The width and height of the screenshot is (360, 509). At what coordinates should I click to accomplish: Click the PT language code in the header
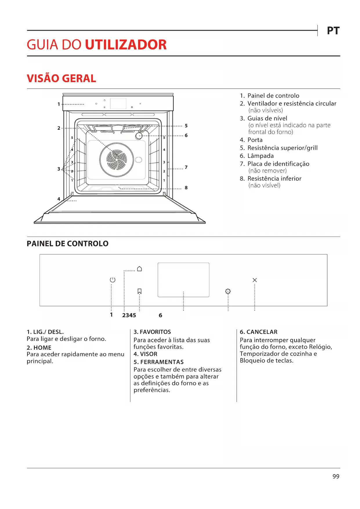333,31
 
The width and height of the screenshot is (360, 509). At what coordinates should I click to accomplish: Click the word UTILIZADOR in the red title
126,45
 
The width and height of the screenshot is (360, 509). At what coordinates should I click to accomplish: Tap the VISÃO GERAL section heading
61,78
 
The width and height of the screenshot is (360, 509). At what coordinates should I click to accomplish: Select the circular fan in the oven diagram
117,160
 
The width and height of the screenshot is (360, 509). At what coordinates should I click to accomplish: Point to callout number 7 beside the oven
186,167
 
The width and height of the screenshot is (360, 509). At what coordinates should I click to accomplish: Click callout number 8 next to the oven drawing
186,188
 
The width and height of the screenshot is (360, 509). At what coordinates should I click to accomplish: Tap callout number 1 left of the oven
59,104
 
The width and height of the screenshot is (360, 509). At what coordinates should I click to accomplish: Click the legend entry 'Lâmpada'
260,156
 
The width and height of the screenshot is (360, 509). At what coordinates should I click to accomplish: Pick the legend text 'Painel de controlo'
273,96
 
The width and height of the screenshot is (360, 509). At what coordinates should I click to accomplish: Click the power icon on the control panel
113,280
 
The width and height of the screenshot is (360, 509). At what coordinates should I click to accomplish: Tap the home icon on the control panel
140,269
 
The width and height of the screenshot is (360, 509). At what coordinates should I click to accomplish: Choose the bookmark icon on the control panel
140,291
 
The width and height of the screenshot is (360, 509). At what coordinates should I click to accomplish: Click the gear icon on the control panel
228,291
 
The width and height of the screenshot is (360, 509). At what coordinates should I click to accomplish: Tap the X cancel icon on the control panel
255,280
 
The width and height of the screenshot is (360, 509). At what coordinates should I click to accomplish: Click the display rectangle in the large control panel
183,280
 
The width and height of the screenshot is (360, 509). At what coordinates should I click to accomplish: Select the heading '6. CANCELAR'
258,332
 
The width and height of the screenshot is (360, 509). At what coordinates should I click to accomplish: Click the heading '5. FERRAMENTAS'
159,362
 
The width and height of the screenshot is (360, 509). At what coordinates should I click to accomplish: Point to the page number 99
336,476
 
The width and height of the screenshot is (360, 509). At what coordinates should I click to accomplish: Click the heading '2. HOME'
39,348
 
